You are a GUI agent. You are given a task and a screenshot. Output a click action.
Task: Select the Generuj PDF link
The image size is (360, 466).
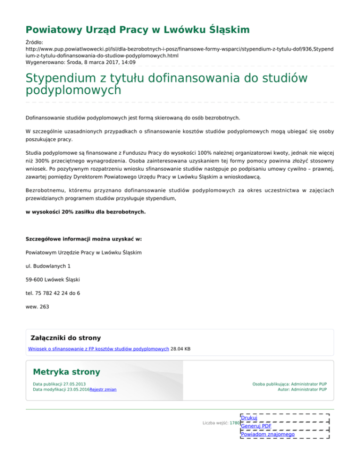pos(256,426)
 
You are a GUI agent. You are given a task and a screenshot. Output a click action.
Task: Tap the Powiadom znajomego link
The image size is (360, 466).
pos(268,435)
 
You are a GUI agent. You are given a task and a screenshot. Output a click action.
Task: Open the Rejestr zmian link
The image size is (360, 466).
pos(103,390)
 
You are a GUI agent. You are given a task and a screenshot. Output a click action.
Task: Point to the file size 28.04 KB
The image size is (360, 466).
pos(180,349)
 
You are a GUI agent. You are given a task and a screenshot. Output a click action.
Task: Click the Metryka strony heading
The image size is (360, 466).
pos(66,372)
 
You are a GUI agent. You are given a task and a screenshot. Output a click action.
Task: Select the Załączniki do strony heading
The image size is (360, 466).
pos(65,338)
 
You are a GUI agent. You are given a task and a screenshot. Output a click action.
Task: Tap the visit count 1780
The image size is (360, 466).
pos(234,423)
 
